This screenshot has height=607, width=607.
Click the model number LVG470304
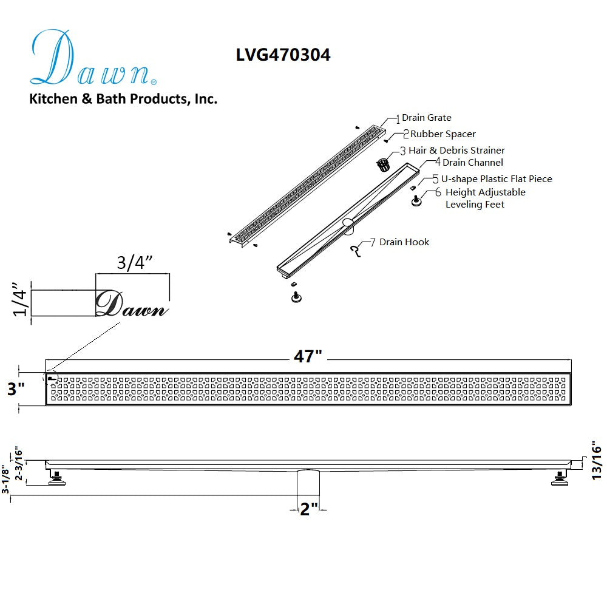pyautogui.click(x=283, y=55)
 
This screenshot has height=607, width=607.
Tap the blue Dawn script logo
pyautogui.click(x=93, y=58)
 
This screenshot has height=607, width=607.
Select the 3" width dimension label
pyautogui.click(x=16, y=388)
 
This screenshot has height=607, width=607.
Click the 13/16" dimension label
pyautogui.click(x=597, y=460)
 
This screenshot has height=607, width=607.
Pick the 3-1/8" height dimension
pyautogui.click(x=5, y=480)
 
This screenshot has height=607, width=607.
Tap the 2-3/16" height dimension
pyautogui.click(x=19, y=464)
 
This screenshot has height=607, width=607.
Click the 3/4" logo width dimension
pyautogui.click(x=134, y=263)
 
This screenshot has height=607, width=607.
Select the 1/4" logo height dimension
pyautogui.click(x=20, y=299)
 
